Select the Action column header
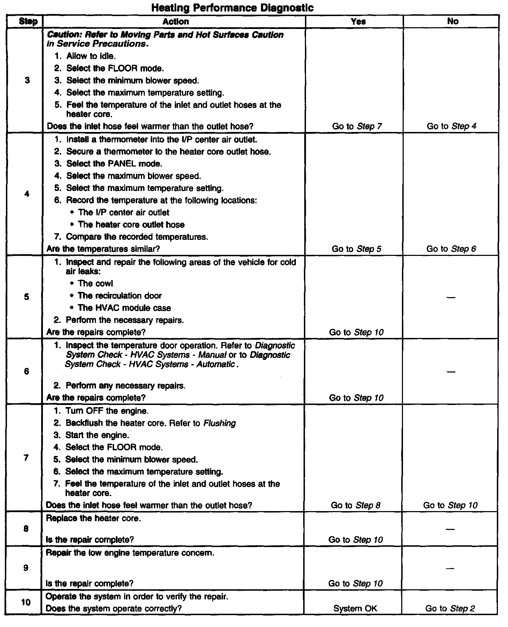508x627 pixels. tap(175, 22)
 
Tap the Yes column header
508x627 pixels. tap(358, 22)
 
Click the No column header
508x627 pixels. tap(453, 22)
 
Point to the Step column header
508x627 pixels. tap(28, 22)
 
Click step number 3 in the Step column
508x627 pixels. tap(27, 81)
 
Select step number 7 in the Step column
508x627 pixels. tap(27, 458)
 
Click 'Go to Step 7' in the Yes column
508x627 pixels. tap(357, 126)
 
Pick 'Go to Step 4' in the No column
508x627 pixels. tap(451, 126)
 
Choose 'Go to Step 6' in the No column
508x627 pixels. tap(451, 249)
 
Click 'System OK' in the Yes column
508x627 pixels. tap(355, 608)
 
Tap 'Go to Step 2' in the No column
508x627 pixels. tap(450, 608)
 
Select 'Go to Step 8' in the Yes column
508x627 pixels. tap(356, 505)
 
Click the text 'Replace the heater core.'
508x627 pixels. tap(94, 518)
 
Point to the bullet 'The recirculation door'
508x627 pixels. tap(120, 296)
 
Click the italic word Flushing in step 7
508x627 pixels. tap(219, 423)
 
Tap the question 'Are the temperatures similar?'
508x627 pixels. tap(103, 249)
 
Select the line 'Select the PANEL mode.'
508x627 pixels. tap(114, 164)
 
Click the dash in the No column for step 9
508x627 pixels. tap(450, 568)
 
